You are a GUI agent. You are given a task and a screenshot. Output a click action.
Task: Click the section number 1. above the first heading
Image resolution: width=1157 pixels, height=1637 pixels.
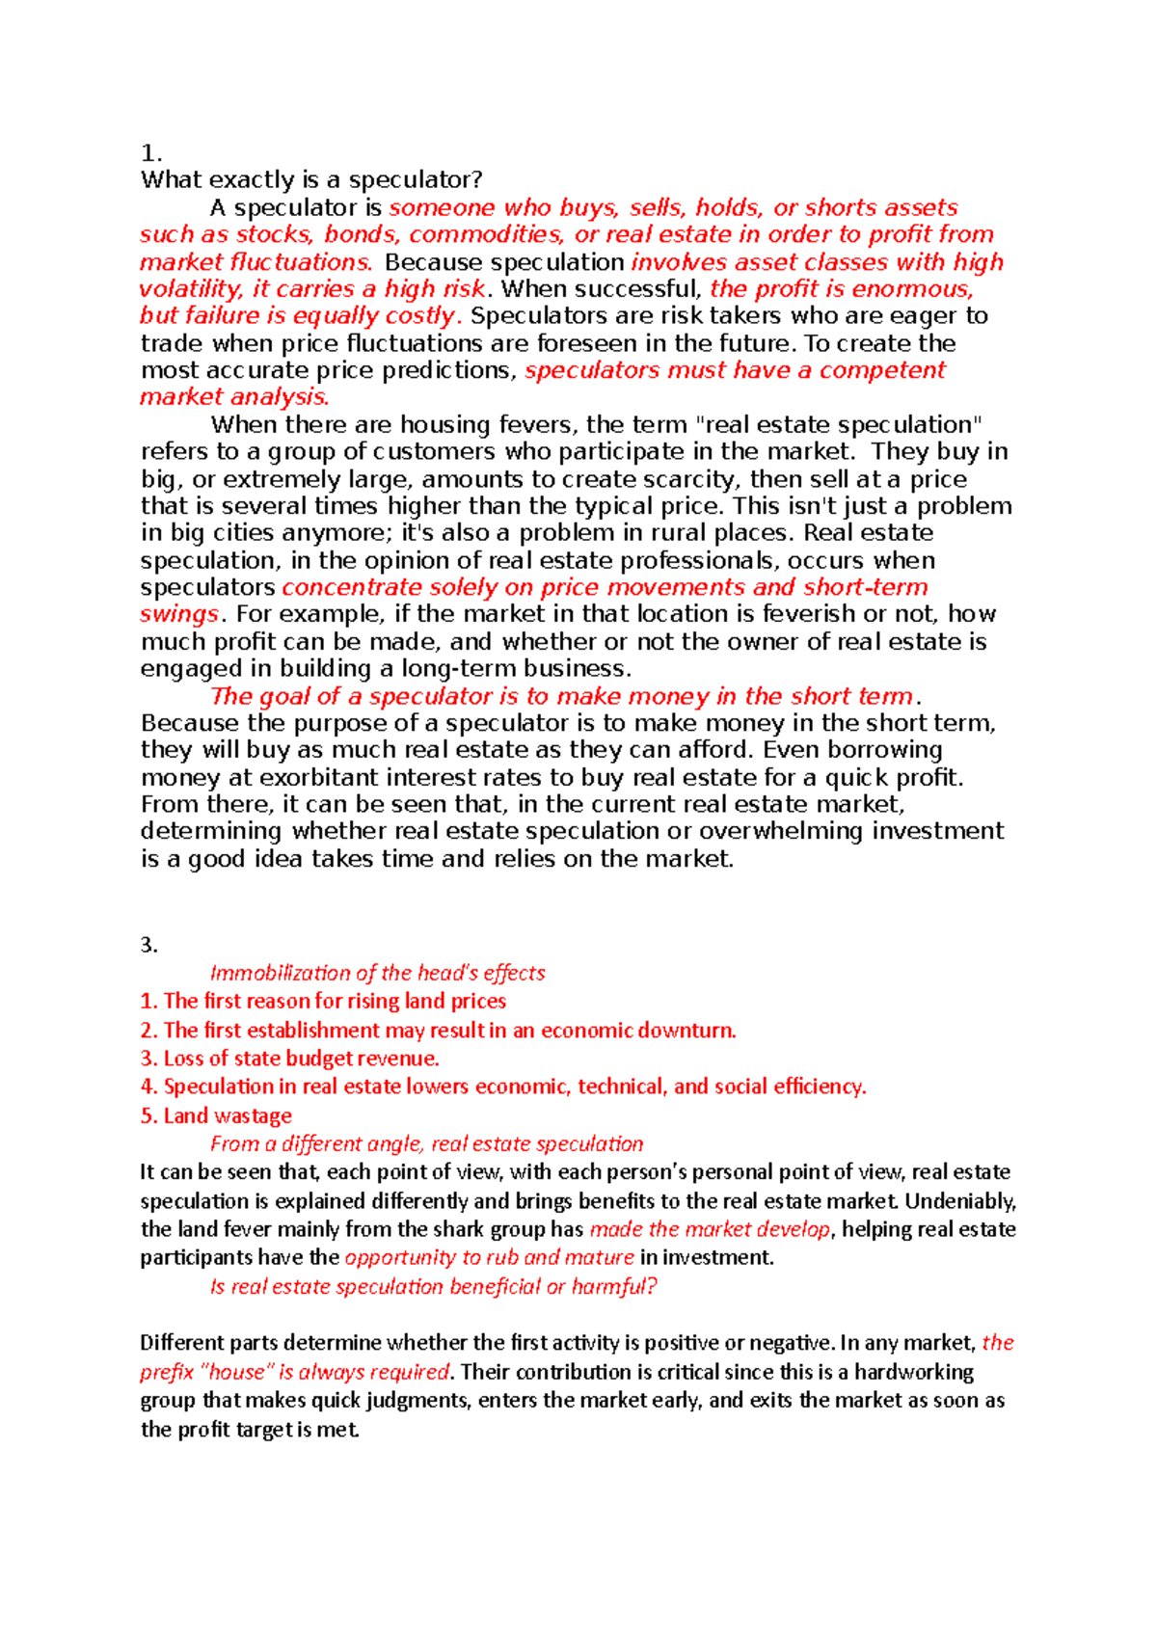tap(150, 153)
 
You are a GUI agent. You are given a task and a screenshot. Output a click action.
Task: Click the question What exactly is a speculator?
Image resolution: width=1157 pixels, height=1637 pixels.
tap(310, 180)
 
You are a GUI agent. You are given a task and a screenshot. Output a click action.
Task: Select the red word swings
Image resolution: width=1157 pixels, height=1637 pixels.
tap(179, 614)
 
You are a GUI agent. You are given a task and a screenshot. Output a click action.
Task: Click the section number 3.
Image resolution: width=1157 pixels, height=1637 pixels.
tap(148, 945)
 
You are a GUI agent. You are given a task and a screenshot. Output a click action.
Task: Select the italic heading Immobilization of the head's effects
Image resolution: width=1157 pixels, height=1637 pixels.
tap(377, 973)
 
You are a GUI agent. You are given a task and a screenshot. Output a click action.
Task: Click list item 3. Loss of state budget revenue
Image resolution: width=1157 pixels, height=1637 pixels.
tap(289, 1059)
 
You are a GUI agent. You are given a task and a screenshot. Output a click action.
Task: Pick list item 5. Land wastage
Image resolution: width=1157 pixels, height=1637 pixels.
tap(216, 1115)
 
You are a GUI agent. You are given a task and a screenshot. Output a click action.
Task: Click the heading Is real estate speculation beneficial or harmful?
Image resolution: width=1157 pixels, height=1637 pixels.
tap(433, 1286)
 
